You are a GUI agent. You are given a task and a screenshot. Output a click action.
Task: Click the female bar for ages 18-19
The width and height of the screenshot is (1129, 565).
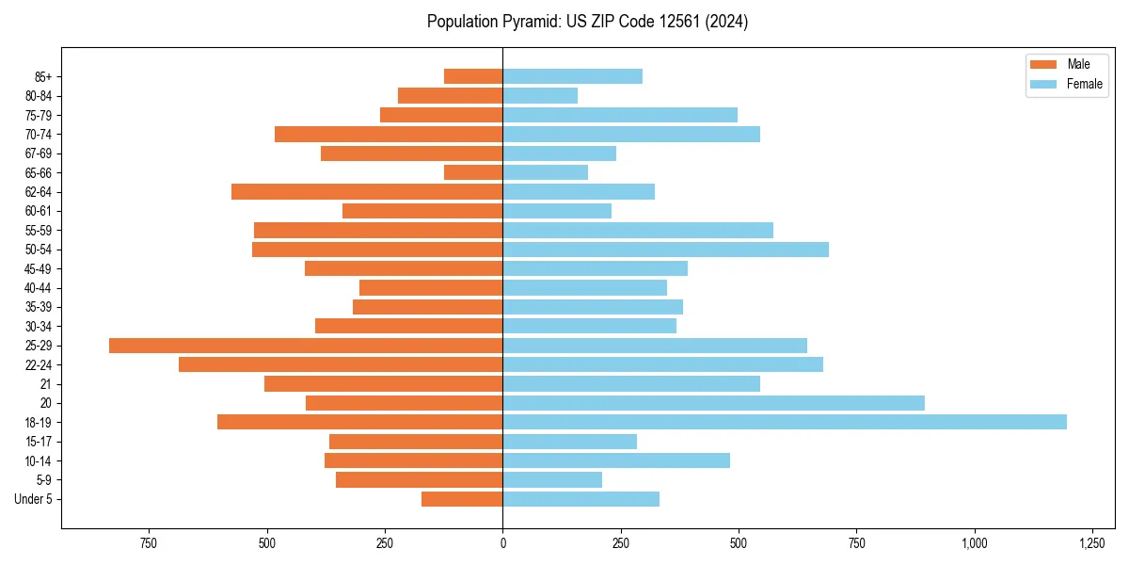785,422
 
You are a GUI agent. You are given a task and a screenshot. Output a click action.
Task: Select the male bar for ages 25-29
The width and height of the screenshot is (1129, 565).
306,346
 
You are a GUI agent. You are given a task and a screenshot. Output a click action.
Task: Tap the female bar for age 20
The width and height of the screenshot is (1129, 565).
713,403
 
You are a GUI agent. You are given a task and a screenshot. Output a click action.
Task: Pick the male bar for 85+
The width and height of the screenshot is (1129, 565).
473,76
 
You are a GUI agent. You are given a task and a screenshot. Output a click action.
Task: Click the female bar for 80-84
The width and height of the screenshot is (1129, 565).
540,96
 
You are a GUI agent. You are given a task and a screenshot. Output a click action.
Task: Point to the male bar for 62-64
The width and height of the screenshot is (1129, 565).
367,192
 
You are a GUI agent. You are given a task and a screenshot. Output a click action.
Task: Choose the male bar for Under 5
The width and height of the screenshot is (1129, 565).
462,499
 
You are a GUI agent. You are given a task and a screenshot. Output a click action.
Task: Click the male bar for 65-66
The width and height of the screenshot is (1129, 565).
473,172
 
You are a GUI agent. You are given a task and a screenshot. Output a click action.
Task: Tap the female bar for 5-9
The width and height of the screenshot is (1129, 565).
552,479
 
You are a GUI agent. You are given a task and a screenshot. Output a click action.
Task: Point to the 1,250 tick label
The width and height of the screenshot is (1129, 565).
1091,543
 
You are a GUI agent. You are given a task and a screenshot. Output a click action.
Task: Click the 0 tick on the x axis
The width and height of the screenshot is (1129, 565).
502,543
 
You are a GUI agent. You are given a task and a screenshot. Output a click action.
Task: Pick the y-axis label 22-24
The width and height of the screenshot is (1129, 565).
39,364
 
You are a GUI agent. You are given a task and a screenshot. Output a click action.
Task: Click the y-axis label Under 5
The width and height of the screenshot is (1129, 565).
34,499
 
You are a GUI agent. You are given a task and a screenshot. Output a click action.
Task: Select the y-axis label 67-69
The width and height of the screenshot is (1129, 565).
39,153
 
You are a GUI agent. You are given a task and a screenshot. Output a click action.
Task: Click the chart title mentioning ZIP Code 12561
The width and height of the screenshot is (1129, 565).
587,22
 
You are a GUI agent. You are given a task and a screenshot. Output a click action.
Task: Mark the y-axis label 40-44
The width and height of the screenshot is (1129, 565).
39,288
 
